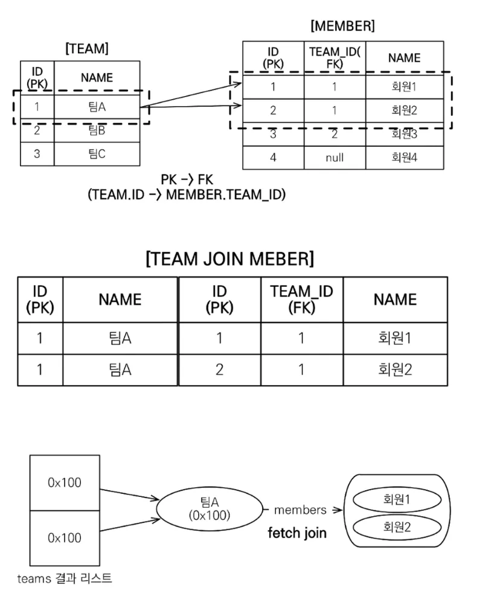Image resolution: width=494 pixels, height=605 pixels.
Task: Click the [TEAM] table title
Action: [x=87, y=49]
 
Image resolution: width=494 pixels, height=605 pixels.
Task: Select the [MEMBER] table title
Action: [x=342, y=26]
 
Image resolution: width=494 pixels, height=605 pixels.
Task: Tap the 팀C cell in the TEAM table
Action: [x=97, y=154]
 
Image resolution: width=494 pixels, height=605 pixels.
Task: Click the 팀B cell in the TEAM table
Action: [x=97, y=130]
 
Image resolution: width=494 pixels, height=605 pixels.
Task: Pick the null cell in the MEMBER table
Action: [x=335, y=158]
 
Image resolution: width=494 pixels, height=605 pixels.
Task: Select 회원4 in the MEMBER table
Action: [x=405, y=158]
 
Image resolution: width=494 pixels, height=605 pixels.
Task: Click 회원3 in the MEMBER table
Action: [x=405, y=134]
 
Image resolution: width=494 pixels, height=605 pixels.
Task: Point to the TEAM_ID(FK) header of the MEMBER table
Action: [x=335, y=57]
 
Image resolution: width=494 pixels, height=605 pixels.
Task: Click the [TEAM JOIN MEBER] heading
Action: [x=230, y=258]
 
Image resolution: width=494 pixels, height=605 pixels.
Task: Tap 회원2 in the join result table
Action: [x=395, y=370]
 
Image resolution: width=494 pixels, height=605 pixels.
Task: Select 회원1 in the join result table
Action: [x=395, y=338]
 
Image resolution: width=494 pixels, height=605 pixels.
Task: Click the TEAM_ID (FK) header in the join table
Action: [x=302, y=299]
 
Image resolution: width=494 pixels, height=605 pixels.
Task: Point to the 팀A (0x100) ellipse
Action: [x=210, y=509]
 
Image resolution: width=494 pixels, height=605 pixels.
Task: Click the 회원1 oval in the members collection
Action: [x=397, y=500]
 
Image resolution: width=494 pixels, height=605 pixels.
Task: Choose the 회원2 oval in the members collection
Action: [x=397, y=527]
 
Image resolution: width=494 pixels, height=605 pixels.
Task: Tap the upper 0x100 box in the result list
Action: [x=65, y=482]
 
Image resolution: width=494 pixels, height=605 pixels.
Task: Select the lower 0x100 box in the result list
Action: [x=65, y=538]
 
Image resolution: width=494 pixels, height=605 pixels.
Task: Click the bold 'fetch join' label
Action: [x=297, y=533]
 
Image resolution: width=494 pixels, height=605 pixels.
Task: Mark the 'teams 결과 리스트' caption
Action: [x=65, y=578]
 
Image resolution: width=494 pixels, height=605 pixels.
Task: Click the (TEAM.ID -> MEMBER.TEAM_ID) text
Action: [x=187, y=194]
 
